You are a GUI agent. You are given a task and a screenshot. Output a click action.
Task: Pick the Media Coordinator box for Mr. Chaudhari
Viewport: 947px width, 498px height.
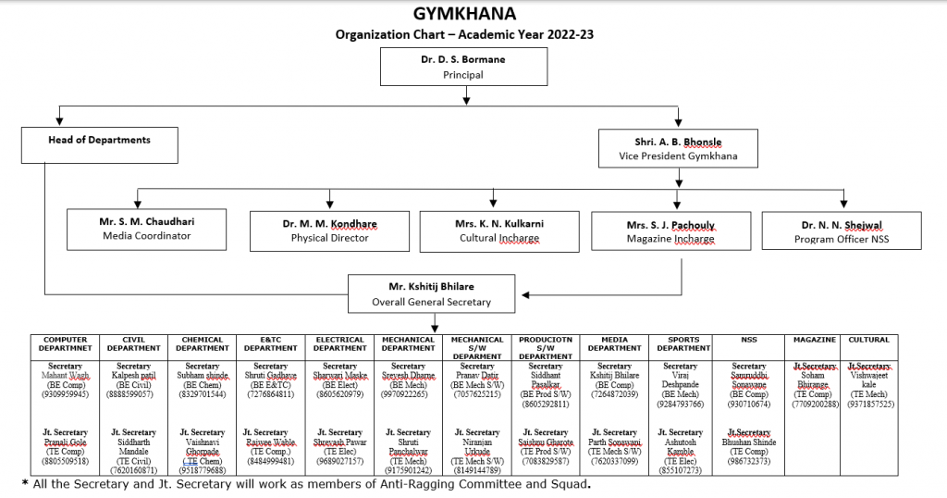tap(146, 229)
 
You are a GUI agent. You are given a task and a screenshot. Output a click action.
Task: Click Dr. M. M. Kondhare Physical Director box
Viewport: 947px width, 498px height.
tap(330, 230)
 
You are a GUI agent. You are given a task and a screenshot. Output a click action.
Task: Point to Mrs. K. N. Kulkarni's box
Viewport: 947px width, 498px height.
tap(499, 230)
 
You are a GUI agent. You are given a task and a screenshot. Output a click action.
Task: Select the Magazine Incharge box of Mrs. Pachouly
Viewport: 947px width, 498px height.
tap(670, 231)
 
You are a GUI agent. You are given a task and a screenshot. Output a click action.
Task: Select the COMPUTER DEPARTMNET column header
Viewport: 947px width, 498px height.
tap(65, 343)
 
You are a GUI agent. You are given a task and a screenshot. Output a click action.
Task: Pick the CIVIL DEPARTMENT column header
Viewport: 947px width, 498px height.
tap(134, 343)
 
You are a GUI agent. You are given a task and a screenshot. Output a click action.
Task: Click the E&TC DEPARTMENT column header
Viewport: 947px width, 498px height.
tap(271, 343)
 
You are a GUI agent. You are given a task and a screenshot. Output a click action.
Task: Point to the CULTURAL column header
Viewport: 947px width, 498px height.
tap(868, 340)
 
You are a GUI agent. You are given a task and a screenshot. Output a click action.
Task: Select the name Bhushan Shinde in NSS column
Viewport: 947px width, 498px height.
tap(749, 442)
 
